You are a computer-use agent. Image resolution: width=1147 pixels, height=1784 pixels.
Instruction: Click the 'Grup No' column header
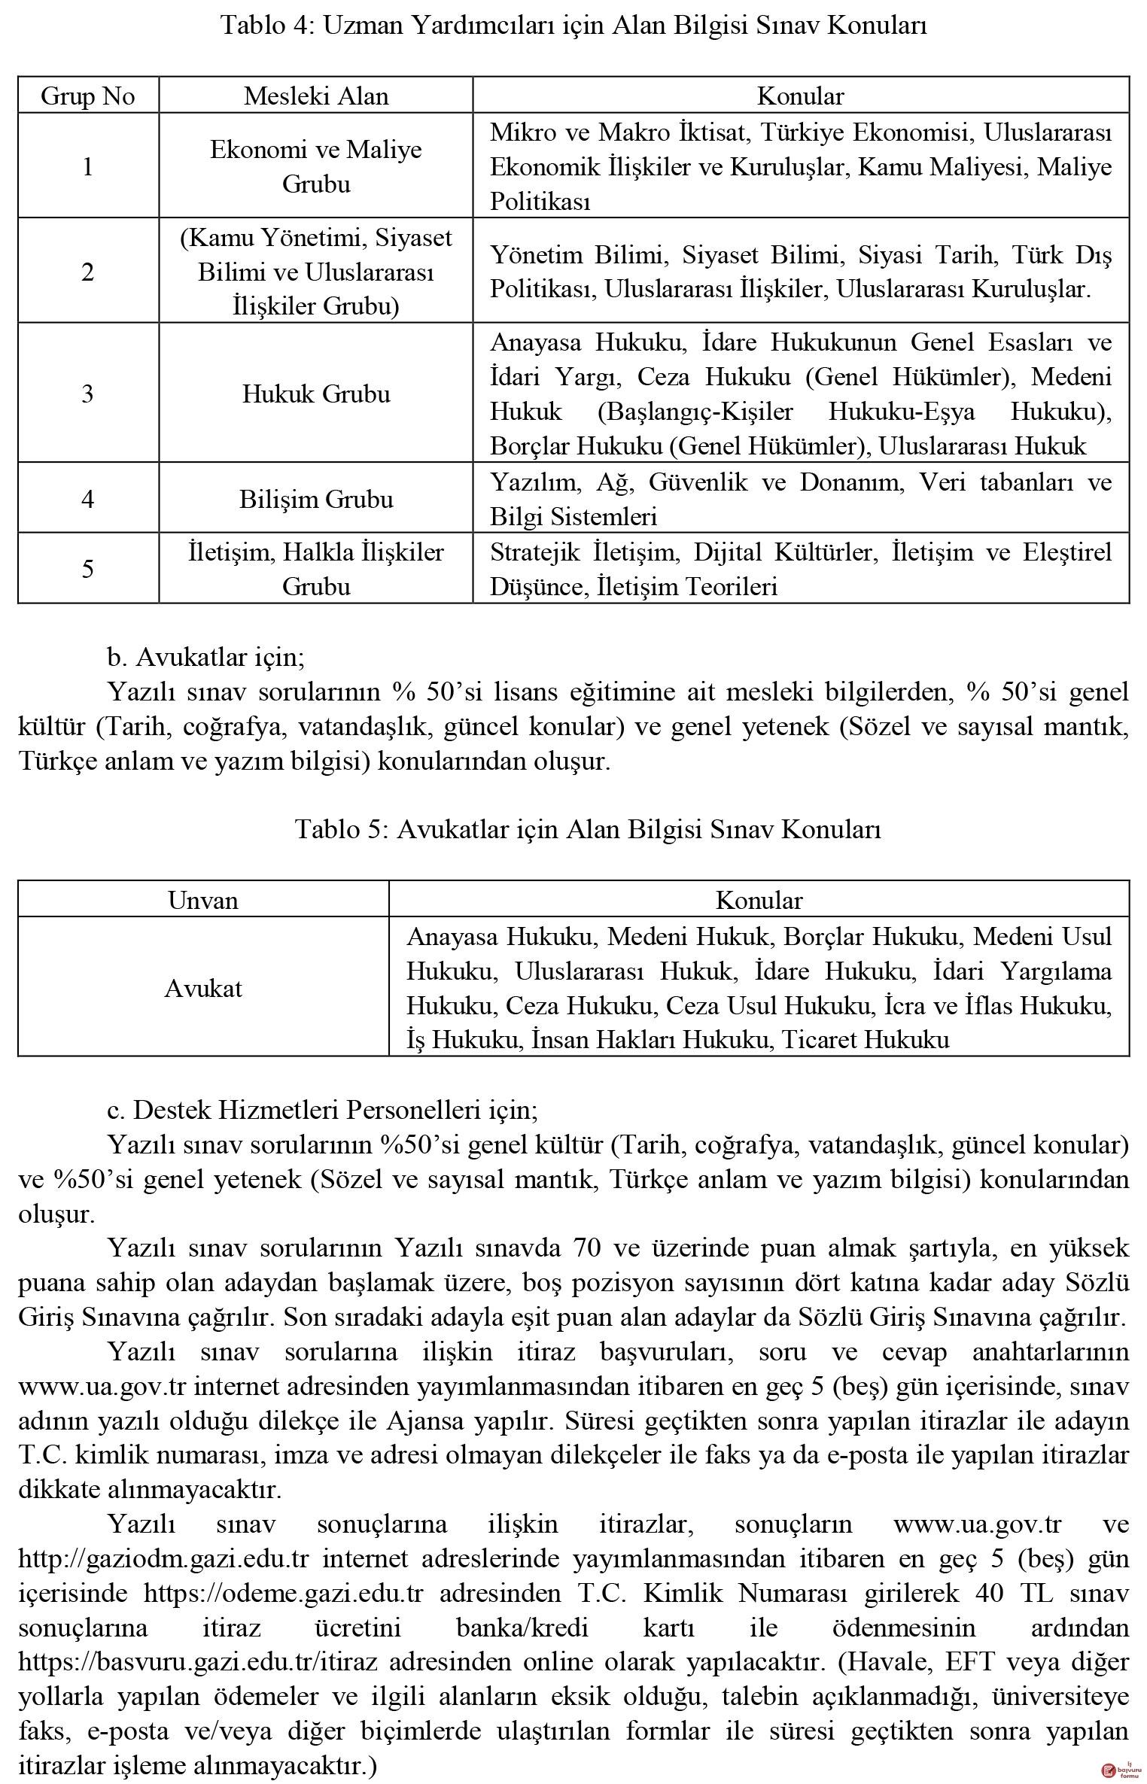(88, 96)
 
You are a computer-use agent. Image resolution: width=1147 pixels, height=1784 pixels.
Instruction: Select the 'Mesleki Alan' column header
(316, 96)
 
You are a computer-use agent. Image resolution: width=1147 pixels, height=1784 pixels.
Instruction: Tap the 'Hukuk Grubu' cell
(316, 394)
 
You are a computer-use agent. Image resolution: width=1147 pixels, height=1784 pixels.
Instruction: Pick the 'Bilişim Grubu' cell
(316, 500)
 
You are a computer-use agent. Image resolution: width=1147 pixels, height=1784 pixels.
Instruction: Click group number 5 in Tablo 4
(88, 569)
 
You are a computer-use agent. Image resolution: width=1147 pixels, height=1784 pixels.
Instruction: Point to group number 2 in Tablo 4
(88, 272)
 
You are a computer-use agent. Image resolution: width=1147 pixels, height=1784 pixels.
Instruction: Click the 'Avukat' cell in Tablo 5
(203, 988)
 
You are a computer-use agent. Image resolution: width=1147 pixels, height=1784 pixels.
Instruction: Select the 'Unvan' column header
(203, 901)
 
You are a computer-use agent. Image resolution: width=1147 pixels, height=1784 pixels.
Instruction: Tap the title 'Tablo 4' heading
(573, 26)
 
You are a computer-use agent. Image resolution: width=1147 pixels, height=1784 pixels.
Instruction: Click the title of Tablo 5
(588, 829)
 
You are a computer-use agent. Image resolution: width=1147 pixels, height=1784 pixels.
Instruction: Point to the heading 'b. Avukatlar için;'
(205, 657)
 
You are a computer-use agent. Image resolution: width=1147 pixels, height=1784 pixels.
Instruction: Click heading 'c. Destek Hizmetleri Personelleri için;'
(322, 1110)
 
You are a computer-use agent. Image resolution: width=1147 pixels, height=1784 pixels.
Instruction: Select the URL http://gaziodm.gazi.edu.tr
(160, 1558)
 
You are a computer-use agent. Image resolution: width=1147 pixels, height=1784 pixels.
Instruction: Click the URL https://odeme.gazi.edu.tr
(284, 1592)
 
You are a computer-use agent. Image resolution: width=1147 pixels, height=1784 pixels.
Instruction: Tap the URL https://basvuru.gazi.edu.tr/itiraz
(198, 1661)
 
